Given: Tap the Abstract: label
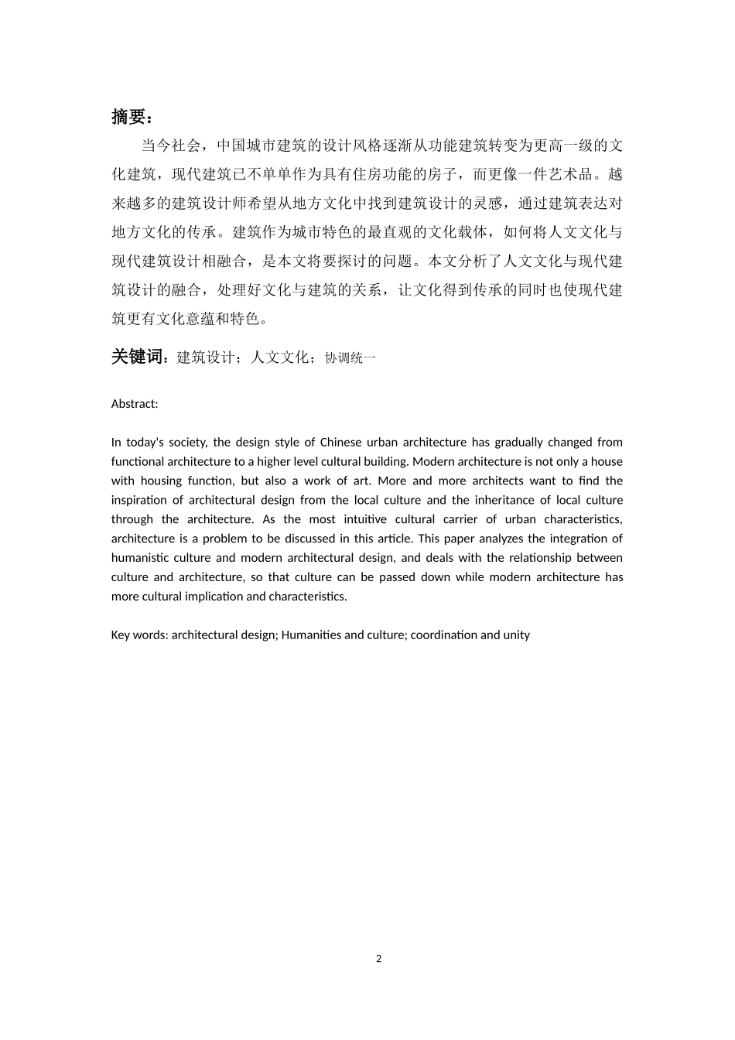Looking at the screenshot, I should (x=135, y=404).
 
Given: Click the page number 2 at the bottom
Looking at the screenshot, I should (x=378, y=959).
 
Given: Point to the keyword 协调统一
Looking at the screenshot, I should (x=350, y=358).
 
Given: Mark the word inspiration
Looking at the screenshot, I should (x=144, y=500).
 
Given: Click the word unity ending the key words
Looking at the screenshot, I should (x=516, y=635).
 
